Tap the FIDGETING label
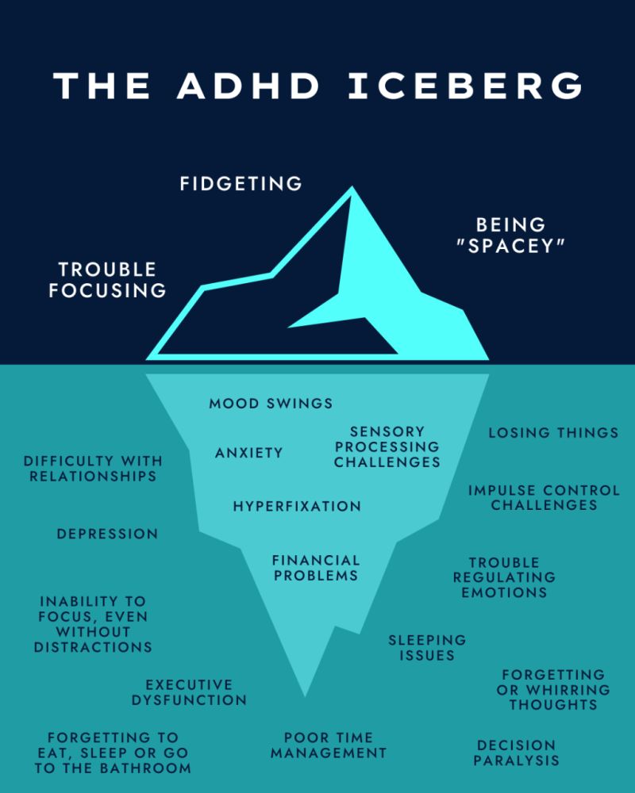[x=241, y=184]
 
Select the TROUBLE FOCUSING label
[x=107, y=280]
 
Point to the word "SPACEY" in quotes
[x=511, y=247]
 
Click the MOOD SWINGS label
[x=271, y=404]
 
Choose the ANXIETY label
[x=248, y=453]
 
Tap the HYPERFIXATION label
[x=297, y=506]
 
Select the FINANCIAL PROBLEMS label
[x=316, y=568]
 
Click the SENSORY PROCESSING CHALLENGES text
[x=387, y=446]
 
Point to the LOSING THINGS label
[x=553, y=432]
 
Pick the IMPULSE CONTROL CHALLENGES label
[x=544, y=497]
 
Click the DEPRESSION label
[x=107, y=534]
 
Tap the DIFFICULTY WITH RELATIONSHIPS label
[x=93, y=468]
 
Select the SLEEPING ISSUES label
[x=427, y=647]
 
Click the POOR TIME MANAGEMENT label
[x=328, y=745]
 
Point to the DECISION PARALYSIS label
[x=516, y=753]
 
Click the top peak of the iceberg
[x=351, y=189]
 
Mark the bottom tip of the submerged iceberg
[x=306, y=695]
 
